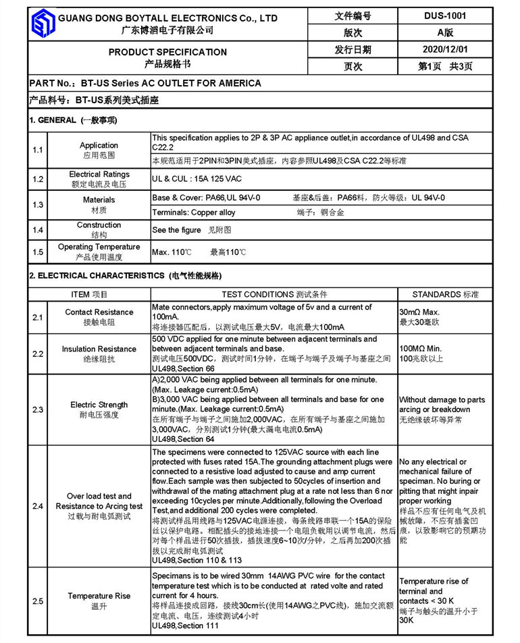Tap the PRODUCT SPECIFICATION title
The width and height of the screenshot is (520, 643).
167,52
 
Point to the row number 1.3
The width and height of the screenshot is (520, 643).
38,204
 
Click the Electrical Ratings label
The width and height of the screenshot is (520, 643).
99,175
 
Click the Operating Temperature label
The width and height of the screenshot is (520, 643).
99,247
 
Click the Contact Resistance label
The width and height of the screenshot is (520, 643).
99,312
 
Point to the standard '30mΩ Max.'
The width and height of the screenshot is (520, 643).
419,312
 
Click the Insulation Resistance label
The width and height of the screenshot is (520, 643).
99,349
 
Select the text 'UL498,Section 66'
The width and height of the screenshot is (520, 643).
183,369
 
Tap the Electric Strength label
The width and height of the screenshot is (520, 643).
99,405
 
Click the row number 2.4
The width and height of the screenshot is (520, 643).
38,506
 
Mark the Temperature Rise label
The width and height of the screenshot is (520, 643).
99,596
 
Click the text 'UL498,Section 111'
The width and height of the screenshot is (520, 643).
185,627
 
